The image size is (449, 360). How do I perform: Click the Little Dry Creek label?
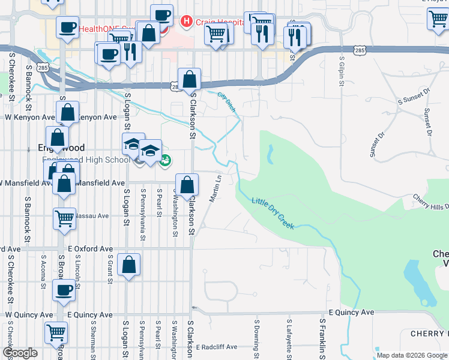pos(273,212)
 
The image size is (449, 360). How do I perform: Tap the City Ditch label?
pos(227,101)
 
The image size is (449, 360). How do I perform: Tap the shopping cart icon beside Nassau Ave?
pos(64,218)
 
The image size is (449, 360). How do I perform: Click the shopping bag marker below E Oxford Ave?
pos(129,264)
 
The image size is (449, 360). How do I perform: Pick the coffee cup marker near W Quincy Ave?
pos(64,291)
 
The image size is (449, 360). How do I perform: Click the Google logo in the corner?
pos(20,353)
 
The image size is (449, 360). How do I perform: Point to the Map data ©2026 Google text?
pos(411,355)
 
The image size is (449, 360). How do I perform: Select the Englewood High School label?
pos(86,160)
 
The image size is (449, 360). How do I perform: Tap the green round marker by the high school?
pos(165,160)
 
